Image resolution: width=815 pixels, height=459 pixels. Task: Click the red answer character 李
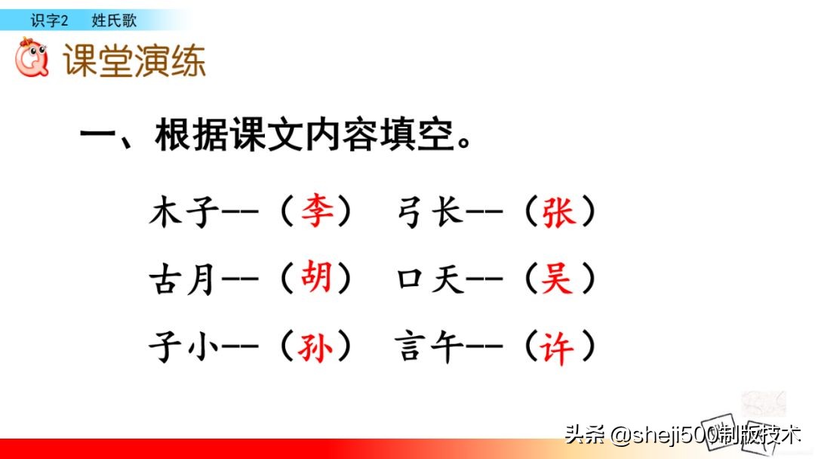point(317,213)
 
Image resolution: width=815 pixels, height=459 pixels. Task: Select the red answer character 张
point(559,213)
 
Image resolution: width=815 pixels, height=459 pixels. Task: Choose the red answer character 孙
point(317,347)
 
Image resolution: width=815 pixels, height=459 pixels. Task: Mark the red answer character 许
point(559,347)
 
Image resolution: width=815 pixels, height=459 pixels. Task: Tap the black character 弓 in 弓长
point(411,214)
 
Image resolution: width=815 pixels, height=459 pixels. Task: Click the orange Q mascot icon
point(32,60)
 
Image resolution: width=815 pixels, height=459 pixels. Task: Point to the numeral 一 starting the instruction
point(97,137)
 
